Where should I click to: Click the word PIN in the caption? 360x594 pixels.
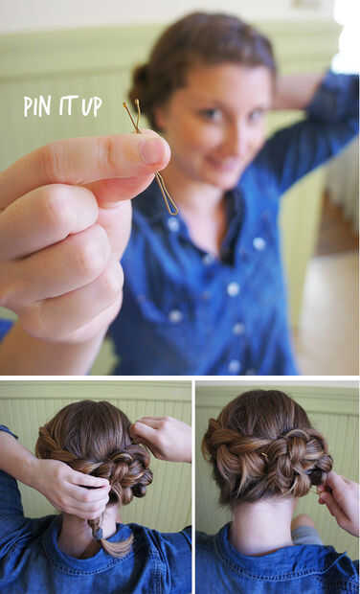tap(37, 106)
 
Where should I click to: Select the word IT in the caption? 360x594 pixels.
tap(68, 105)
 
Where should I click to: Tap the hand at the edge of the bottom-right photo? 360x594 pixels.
tap(341, 500)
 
